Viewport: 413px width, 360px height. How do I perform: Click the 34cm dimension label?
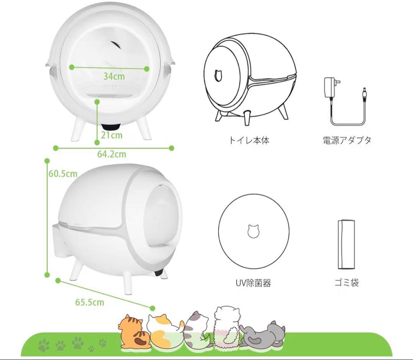coord(114,76)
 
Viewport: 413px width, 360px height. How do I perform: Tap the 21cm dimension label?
coord(112,135)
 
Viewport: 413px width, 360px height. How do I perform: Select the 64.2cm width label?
coord(112,154)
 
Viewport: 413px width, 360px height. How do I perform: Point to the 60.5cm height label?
coord(63,174)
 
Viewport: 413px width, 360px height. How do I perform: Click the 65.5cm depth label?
coord(89,302)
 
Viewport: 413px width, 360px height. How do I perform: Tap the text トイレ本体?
coord(249,140)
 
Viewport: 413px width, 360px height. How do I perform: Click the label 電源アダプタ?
coord(346,140)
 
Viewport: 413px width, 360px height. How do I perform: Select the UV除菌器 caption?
coord(253,283)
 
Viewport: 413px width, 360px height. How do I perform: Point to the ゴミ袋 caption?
coord(346,283)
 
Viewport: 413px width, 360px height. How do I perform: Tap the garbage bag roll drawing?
coord(347,245)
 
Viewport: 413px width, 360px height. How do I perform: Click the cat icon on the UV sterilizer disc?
coord(253,231)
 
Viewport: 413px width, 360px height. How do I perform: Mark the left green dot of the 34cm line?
coord(72,67)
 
